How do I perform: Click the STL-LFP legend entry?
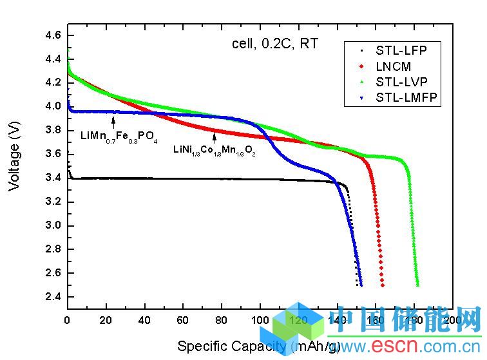[401, 51]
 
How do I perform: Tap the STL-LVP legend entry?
[401, 82]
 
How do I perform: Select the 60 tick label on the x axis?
[183, 320]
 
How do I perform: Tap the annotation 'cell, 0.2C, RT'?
[276, 44]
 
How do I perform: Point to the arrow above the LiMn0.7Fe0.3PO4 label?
[114, 120]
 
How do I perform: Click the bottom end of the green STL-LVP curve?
[417, 284]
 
